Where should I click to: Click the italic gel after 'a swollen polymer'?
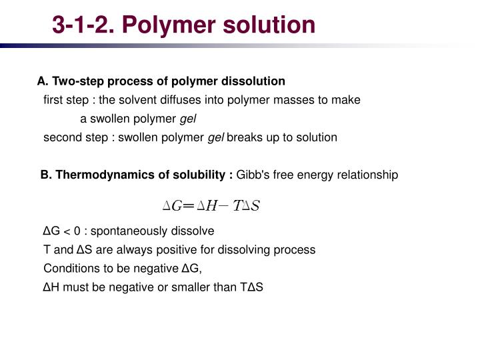(189, 119)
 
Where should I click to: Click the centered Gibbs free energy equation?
(211, 205)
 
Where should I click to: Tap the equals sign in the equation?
(189, 205)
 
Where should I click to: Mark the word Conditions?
(69, 269)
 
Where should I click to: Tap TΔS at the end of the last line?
(251, 287)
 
